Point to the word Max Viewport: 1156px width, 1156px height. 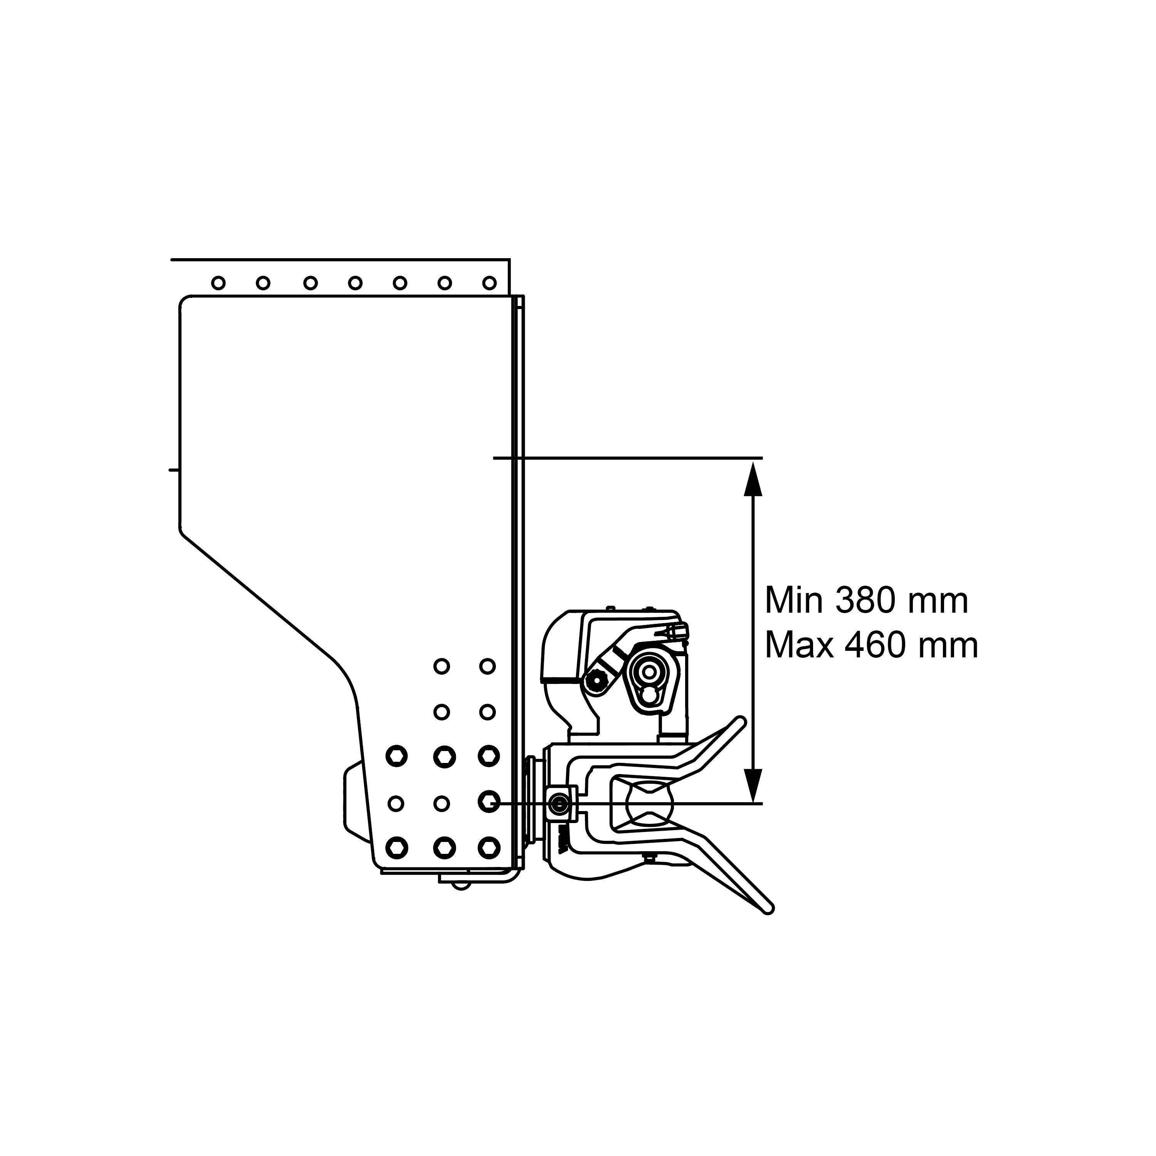click(800, 646)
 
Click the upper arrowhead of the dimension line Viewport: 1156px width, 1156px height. click(753, 478)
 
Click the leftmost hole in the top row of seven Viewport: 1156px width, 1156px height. click(218, 283)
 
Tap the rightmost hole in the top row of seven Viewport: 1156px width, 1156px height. click(489, 283)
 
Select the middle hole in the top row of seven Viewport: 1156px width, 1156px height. click(355, 283)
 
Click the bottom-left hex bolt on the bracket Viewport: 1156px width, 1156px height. click(397, 847)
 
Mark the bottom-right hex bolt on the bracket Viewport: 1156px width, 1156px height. click(489, 847)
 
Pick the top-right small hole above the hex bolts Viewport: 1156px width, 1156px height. click(488, 666)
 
